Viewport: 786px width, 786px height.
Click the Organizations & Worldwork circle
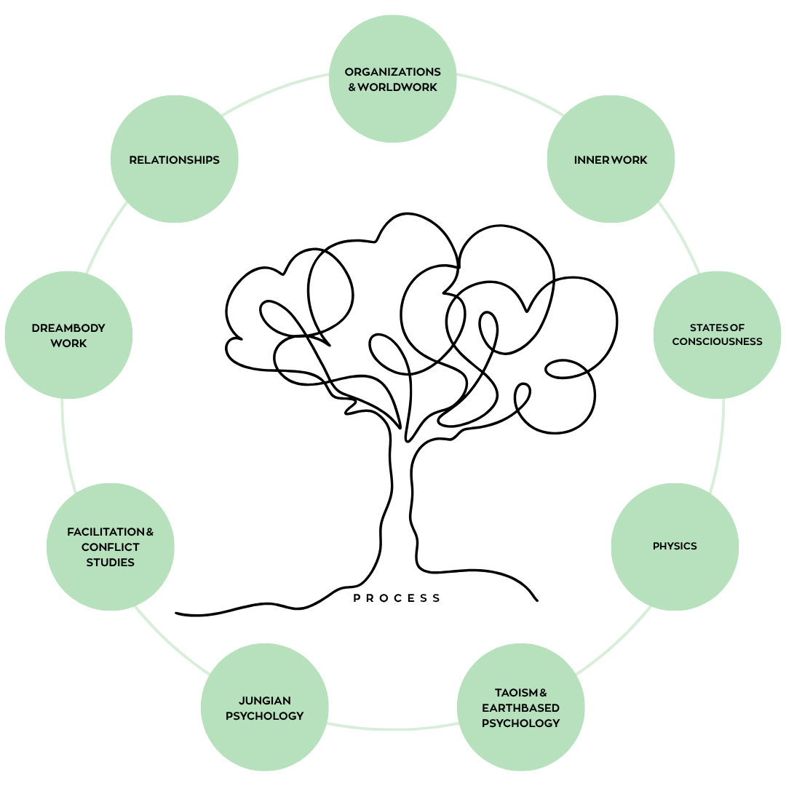393,79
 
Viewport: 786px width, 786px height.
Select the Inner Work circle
610,159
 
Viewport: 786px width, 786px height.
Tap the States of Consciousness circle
717,335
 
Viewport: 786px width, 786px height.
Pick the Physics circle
675,546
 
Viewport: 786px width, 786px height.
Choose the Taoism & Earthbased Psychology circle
520,707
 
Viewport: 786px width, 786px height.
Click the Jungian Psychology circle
264,707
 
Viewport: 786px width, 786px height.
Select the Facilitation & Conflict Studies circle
111,546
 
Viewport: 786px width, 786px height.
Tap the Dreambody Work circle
68,335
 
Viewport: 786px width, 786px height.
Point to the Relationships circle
175,159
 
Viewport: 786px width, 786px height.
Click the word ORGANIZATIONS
393,71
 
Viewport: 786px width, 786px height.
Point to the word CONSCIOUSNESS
717,341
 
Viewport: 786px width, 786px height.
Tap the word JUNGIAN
264,700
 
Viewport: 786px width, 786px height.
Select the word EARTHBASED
520,707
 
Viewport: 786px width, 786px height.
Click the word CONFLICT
111,547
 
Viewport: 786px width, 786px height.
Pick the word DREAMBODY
68,327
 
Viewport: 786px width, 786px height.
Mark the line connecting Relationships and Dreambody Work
106,237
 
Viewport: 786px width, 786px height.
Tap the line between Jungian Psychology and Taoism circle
392,728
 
